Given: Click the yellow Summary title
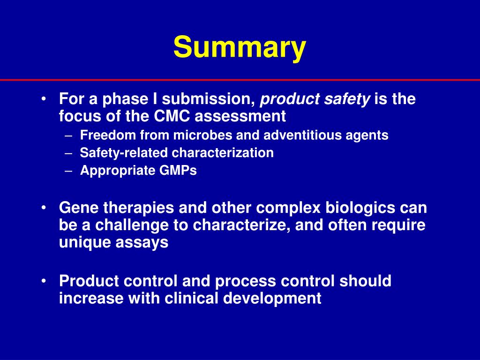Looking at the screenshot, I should [x=240, y=48].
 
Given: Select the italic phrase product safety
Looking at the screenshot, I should [x=315, y=99].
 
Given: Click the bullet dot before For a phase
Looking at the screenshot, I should [x=44, y=99].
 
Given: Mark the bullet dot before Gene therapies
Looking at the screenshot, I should [x=44, y=208].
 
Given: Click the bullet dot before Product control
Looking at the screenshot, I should [x=44, y=281].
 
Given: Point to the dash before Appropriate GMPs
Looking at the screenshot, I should [x=69, y=171].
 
